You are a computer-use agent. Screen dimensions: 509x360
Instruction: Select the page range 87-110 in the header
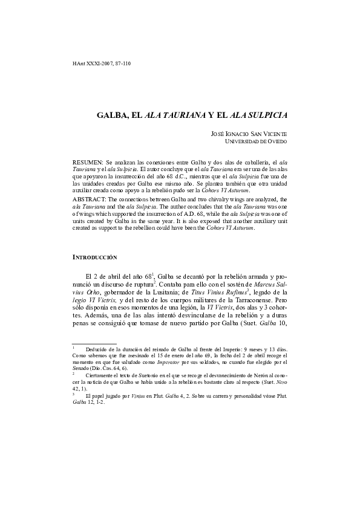point(120,63)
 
